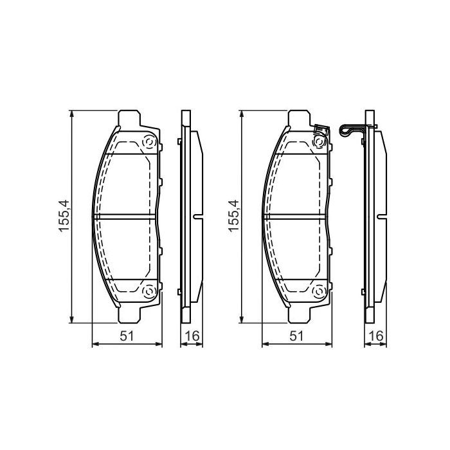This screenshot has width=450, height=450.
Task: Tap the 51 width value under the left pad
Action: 127,336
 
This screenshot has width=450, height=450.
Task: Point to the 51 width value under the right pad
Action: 296,336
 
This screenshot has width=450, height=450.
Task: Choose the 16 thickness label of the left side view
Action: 192,336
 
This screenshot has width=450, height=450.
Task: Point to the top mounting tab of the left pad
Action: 130,119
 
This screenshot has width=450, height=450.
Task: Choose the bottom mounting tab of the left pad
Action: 130,314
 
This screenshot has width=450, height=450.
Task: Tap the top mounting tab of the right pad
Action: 299,119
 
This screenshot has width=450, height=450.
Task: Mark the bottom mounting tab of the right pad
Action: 299,314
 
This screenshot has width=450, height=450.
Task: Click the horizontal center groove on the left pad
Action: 127,217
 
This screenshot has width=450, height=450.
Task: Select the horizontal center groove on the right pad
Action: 296,217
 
